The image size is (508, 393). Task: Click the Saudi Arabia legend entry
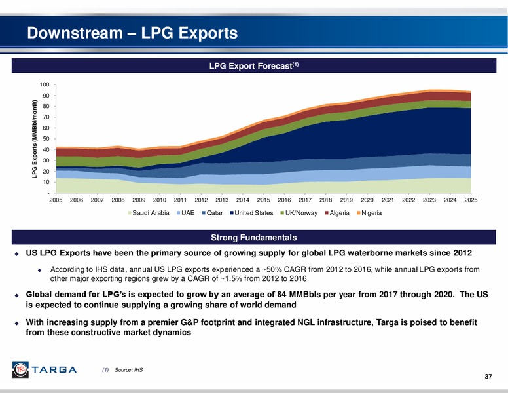coord(149,213)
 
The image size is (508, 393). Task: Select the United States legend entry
coord(252,213)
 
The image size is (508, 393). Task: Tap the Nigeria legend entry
coord(369,213)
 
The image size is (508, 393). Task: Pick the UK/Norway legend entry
coord(299,213)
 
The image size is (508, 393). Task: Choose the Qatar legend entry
coord(212,213)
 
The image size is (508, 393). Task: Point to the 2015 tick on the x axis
coord(263,200)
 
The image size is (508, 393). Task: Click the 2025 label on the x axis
coord(471,200)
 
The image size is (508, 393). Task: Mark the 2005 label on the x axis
coord(56,200)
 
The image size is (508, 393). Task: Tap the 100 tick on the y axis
coord(45,84)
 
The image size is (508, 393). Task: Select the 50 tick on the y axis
coord(46,139)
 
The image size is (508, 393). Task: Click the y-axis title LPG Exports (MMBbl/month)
coord(34,139)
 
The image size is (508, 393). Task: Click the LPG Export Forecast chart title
coord(254,65)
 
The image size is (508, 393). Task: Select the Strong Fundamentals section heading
coord(254,238)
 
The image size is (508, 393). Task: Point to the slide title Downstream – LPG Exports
coord(132,33)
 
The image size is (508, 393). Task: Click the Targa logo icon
coord(20,369)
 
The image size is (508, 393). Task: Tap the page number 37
coord(488,377)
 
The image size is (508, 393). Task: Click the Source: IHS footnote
coord(128,370)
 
